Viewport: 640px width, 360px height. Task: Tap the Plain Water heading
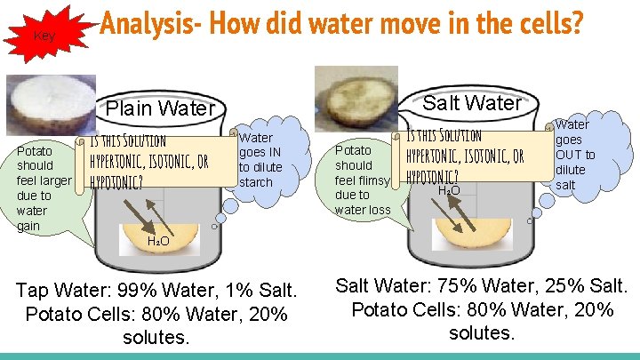click(161, 109)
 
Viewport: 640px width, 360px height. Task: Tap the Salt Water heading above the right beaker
click(472, 103)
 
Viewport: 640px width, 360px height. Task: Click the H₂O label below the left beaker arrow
click(157, 241)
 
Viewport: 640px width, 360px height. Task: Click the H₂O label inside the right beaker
click(449, 189)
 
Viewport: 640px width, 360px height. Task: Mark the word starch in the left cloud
click(256, 182)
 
